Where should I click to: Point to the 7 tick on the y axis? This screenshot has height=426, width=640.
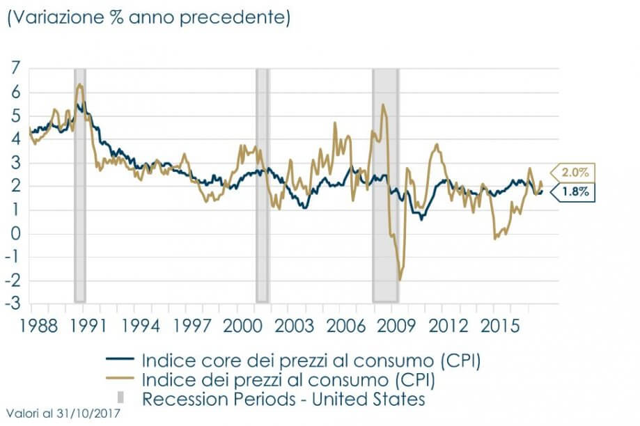(x=15, y=68)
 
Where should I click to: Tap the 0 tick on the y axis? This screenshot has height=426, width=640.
(x=15, y=233)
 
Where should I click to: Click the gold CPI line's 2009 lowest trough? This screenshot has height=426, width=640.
(x=400, y=280)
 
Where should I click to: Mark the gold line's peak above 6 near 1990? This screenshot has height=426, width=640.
(x=80, y=84)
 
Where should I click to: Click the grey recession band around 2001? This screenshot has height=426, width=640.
(x=262, y=184)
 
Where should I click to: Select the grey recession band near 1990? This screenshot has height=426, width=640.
(x=80, y=184)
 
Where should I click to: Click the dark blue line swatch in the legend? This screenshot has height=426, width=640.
(x=120, y=361)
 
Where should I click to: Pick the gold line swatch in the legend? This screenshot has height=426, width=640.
(x=120, y=380)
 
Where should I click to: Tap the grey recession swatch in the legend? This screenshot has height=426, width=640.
(x=120, y=399)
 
